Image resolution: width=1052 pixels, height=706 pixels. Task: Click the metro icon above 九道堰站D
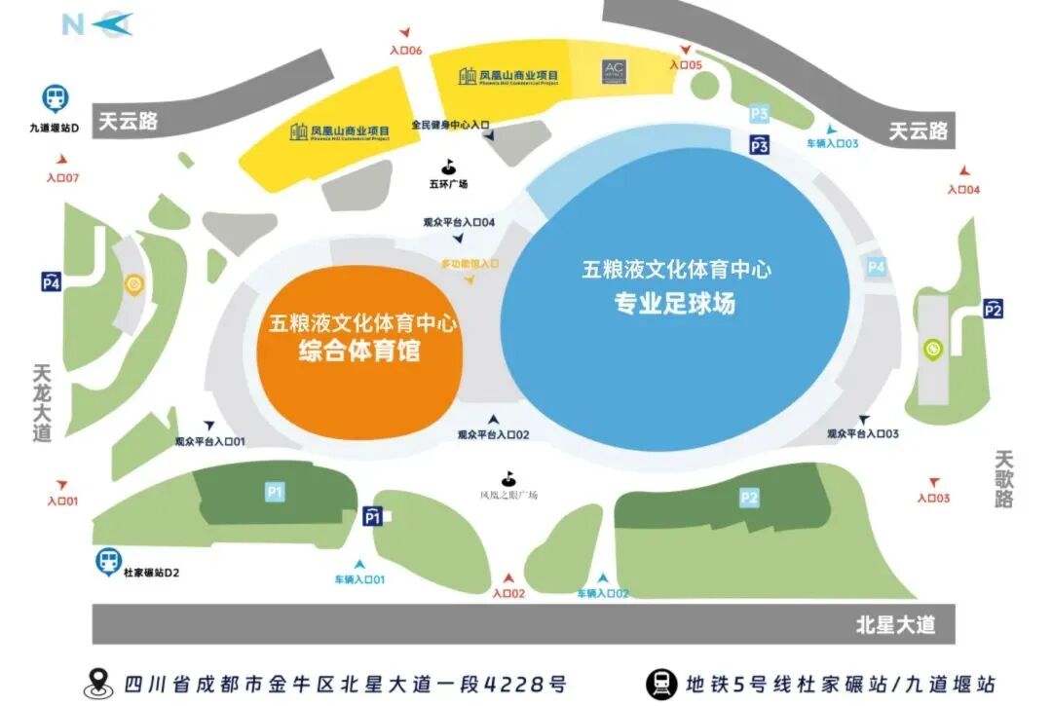[x=55, y=98]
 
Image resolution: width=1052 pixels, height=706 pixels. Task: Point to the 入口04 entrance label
[x=963, y=189]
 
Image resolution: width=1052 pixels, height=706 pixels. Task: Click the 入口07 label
[x=61, y=178]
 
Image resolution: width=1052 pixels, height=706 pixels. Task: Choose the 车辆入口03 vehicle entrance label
[x=832, y=143]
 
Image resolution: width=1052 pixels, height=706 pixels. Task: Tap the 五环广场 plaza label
[x=449, y=183]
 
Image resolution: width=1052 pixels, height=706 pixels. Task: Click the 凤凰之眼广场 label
[x=507, y=495]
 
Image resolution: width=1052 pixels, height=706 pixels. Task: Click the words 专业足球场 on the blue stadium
[x=674, y=304]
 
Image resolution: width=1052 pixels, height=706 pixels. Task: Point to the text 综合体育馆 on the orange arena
[x=359, y=351]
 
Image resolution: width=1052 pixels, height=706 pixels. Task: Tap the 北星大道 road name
[x=895, y=625]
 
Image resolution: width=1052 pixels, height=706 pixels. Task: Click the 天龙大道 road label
[x=42, y=403]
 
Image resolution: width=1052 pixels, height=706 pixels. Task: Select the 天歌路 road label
[x=1005, y=478]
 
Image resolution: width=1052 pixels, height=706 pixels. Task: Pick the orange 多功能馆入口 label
[x=470, y=264]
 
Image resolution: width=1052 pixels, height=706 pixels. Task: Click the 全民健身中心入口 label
[x=449, y=126]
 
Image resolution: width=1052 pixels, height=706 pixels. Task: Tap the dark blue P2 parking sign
[x=993, y=309]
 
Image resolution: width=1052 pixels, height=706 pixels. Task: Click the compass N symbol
[x=74, y=23]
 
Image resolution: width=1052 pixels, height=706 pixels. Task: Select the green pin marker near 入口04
[x=932, y=349]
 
